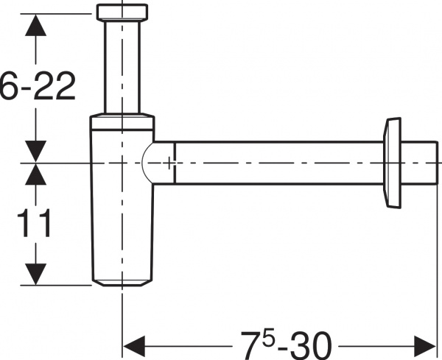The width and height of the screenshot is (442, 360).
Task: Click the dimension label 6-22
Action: coord(38,86)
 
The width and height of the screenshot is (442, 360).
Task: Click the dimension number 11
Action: coord(34,223)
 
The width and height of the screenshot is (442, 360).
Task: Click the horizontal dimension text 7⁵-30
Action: coord(286,345)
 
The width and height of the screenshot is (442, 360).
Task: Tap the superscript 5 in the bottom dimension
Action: coord(268,337)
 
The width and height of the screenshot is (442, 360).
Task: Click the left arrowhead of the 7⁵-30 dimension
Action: coord(134,345)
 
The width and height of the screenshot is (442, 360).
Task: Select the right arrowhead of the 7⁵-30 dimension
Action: coord(425,345)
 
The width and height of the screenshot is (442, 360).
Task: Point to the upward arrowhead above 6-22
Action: coord(35,25)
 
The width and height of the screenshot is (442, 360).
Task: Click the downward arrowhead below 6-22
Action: coord(35,151)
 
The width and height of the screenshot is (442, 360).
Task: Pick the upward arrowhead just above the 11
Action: coord(35,174)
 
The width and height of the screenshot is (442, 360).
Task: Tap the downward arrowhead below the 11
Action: coord(35,275)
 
